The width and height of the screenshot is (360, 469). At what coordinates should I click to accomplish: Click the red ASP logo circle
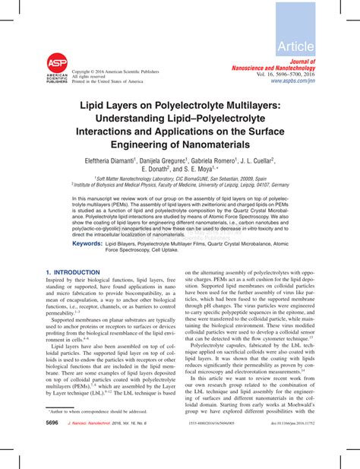tap(57, 63)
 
